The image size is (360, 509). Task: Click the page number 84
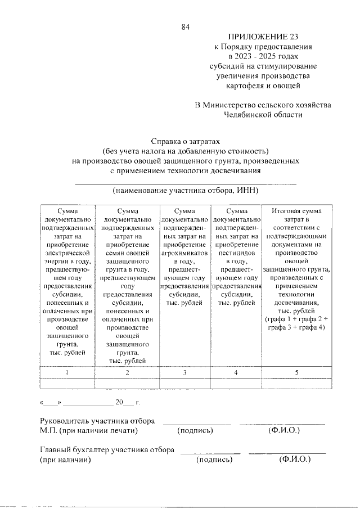click(x=185, y=26)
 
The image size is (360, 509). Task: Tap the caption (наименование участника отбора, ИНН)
click(x=185, y=191)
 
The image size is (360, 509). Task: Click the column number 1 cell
click(x=67, y=372)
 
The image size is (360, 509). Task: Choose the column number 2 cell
click(x=127, y=372)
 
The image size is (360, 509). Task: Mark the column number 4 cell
click(x=236, y=372)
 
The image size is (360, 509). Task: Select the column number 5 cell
click(x=296, y=372)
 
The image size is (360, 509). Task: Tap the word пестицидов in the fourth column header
click(x=236, y=253)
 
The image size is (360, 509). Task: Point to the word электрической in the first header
click(x=67, y=253)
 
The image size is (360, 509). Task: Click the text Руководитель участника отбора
click(x=97, y=421)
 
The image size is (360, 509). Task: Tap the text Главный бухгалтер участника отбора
click(x=106, y=450)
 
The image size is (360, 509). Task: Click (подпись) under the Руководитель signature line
click(x=195, y=431)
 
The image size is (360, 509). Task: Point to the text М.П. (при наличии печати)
click(x=89, y=431)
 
